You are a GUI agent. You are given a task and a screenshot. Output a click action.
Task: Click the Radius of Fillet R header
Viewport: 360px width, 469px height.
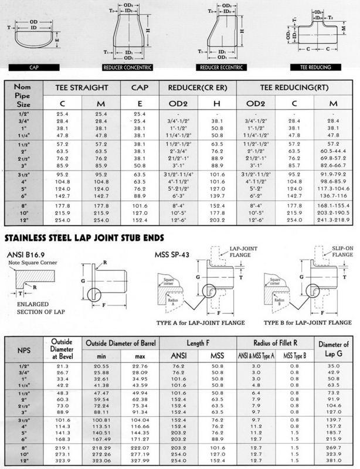click(x=274, y=343)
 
